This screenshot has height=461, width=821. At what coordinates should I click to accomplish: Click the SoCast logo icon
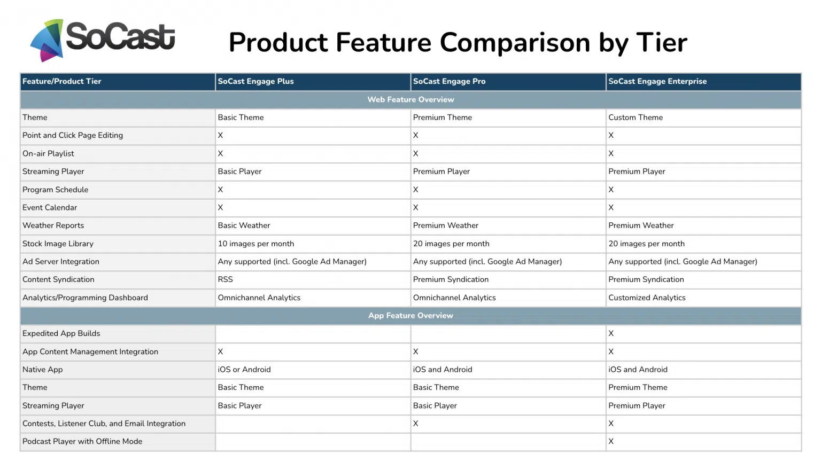coord(47,40)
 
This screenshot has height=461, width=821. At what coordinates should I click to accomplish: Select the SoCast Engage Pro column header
coord(449,81)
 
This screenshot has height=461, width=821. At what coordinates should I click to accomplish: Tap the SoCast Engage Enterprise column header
coord(657,81)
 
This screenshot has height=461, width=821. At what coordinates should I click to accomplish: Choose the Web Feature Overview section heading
coord(410,99)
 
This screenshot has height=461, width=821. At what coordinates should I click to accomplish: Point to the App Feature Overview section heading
coord(410,316)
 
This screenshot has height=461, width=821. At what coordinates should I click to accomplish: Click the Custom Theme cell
coord(635,118)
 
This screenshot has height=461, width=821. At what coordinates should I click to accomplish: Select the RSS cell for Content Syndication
coord(225,279)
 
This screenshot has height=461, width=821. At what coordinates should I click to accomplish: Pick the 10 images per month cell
coord(255,244)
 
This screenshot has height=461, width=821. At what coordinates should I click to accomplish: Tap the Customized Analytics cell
coord(647,298)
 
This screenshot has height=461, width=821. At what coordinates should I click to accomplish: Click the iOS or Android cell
coord(244,370)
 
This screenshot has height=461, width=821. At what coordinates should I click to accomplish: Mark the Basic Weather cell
coord(244,225)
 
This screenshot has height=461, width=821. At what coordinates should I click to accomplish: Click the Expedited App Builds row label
coord(61,333)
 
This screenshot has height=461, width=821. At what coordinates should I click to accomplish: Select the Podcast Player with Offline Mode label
coord(82,441)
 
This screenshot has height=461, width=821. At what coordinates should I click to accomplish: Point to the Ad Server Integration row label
coord(61,262)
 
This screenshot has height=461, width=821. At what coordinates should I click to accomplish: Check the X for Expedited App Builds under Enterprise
coord(611,333)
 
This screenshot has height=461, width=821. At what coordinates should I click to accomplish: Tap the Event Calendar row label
coord(50,207)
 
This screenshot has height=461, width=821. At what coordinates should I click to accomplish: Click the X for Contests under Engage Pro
coord(415,424)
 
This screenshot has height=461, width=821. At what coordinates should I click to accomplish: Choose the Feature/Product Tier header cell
coord(61,81)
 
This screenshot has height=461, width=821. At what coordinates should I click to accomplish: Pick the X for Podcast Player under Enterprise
coord(611,441)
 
